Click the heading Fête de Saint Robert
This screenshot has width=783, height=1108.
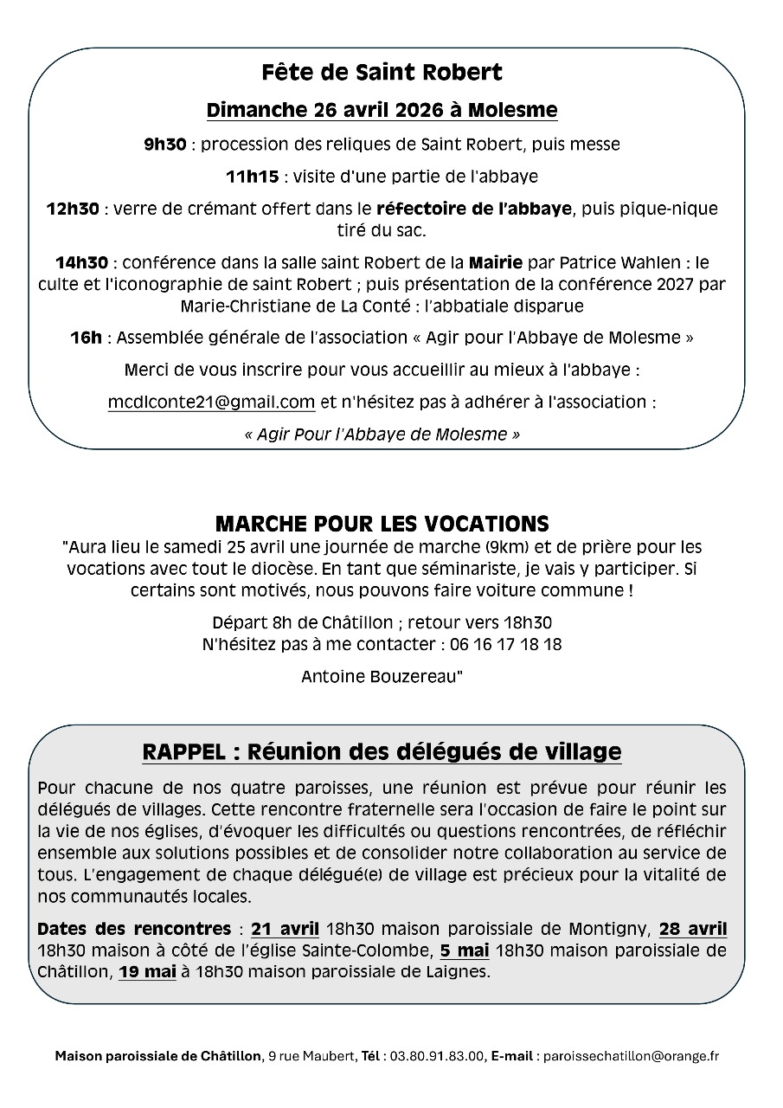(382, 73)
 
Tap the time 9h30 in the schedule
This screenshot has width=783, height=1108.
(164, 145)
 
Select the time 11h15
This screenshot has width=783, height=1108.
(252, 177)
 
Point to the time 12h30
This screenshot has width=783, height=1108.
(73, 209)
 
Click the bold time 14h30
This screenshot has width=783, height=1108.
(82, 261)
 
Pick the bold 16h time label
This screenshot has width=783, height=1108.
(86, 338)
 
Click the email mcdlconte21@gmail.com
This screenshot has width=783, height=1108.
(211, 402)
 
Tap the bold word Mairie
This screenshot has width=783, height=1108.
(495, 261)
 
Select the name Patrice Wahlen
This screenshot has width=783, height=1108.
(596, 261)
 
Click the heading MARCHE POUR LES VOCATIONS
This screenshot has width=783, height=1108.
(382, 525)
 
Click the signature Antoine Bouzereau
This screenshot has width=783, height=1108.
(382, 677)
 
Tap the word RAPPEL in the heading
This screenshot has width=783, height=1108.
(183, 752)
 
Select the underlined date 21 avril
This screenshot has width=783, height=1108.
(285, 930)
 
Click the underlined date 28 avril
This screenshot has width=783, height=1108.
(692, 930)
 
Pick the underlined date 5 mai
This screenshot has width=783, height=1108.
(464, 950)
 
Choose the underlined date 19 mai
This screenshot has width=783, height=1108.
(148, 971)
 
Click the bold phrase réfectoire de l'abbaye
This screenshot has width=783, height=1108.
(473, 209)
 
